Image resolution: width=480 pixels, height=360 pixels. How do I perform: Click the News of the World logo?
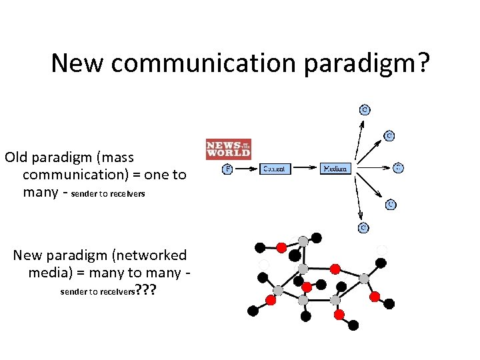pyautogui.click(x=229, y=149)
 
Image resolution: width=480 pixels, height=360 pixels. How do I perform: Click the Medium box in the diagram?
pyautogui.click(x=335, y=169)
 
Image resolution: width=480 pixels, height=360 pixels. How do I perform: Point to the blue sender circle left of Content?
pyautogui.click(x=227, y=169)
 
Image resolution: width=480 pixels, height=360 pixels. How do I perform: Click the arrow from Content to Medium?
pyautogui.click(x=305, y=169)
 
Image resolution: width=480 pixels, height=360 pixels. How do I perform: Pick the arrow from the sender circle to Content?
pyautogui.click(x=245, y=169)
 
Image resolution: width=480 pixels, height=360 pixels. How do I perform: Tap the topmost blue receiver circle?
pyautogui.click(x=365, y=109)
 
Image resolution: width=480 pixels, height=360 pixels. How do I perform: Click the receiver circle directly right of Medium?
pyautogui.click(x=398, y=167)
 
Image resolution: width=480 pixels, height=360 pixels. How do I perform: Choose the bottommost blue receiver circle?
pyautogui.click(x=364, y=227)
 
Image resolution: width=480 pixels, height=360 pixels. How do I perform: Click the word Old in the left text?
pyautogui.click(x=17, y=157)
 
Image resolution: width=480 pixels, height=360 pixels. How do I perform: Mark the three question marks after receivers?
pyautogui.click(x=145, y=290)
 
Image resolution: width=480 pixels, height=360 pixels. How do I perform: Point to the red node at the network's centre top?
pyautogui.click(x=335, y=269)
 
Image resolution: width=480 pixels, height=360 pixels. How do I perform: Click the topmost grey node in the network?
pyautogui.click(x=303, y=241)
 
